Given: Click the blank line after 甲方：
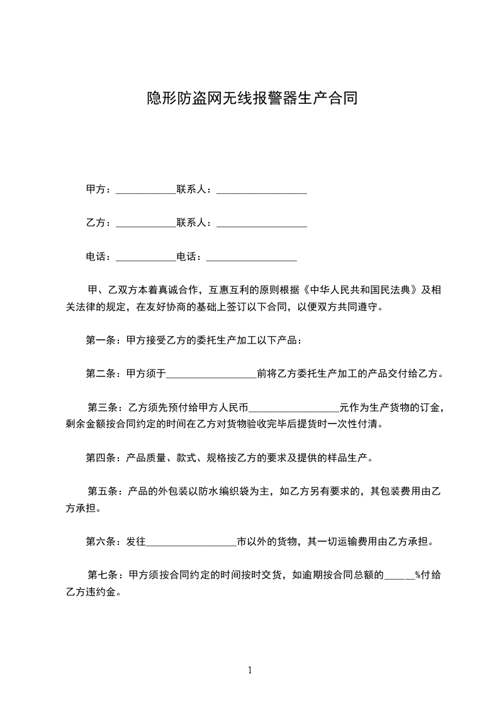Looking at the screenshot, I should pyautogui.click(x=146, y=190).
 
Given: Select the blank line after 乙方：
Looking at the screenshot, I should pyautogui.click(x=146, y=224).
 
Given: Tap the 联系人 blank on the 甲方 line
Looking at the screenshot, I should pyautogui.click(x=262, y=190).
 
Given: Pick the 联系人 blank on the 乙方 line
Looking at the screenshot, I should pyautogui.click(x=262, y=224).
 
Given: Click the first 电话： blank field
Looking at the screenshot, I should pyautogui.click(x=146, y=258).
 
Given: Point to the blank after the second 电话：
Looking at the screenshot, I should pyautogui.click(x=252, y=258).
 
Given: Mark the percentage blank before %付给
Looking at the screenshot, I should pyautogui.click(x=399, y=575).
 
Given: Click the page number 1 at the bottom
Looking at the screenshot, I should pyautogui.click(x=250, y=671).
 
